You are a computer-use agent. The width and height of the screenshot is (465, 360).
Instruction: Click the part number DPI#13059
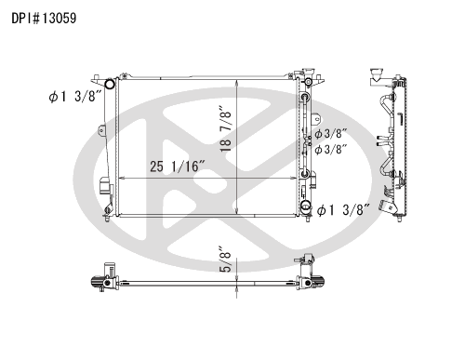[44, 19]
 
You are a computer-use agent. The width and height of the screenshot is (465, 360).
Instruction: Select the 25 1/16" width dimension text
[178, 167]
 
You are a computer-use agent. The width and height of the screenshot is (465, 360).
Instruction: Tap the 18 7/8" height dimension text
[226, 129]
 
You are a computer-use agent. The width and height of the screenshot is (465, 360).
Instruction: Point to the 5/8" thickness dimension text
[226, 260]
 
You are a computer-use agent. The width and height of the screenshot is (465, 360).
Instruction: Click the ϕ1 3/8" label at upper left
[75, 97]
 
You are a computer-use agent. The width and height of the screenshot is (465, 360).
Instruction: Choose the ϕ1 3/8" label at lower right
[344, 210]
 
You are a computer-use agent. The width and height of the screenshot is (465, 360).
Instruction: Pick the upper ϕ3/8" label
[330, 134]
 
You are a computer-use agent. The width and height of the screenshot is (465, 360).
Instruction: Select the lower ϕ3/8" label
[330, 150]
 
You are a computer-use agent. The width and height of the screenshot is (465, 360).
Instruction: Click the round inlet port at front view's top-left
[110, 84]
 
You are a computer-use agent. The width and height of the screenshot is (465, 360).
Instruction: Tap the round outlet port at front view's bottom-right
[306, 205]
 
